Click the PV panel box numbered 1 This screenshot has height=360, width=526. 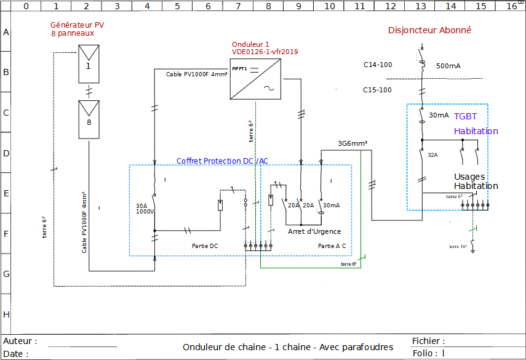(x=88, y=64)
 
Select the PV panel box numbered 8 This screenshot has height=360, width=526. (x=88, y=120)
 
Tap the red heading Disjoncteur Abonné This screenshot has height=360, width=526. (x=429, y=30)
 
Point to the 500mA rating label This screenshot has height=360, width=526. (x=448, y=66)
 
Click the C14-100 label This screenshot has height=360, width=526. (x=377, y=65)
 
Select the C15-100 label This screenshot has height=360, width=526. (x=377, y=90)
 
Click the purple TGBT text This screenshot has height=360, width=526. (x=465, y=116)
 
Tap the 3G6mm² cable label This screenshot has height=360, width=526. (x=353, y=143)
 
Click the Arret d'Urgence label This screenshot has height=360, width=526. (x=314, y=231)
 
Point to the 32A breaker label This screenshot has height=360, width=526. (x=432, y=155)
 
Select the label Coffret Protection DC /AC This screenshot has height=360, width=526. (x=222, y=161)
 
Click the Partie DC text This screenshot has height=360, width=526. (x=205, y=246)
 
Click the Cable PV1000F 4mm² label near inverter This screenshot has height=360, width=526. (x=196, y=74)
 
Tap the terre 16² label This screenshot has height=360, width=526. (x=458, y=246)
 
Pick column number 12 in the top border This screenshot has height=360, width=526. (x=390, y=6)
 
